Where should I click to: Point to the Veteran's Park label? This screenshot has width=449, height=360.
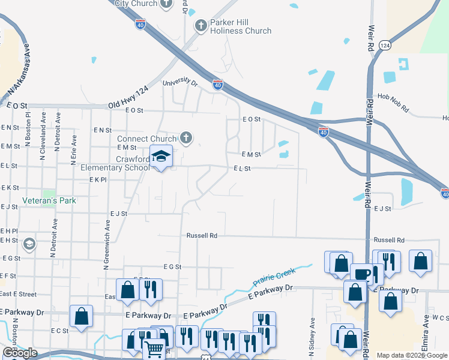(49, 200)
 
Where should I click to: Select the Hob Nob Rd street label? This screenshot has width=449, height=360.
(393, 103)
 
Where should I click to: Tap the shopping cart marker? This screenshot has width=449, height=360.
(154, 348)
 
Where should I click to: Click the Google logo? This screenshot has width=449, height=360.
(20, 353)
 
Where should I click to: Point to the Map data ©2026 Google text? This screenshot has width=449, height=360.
(412, 355)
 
